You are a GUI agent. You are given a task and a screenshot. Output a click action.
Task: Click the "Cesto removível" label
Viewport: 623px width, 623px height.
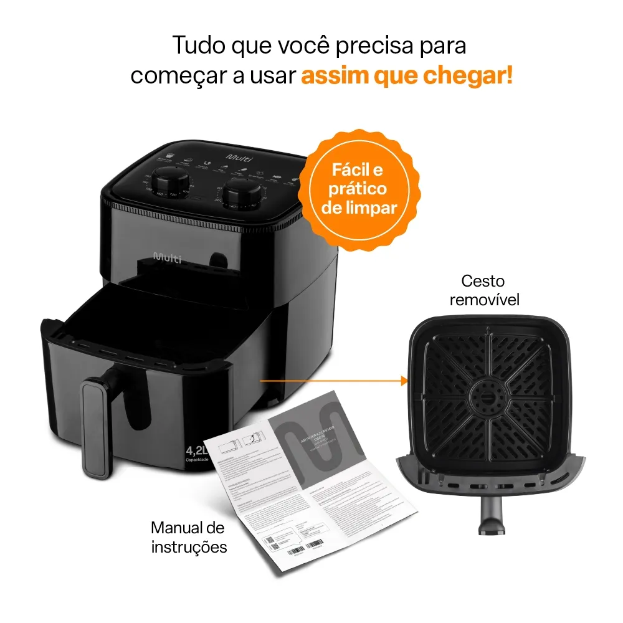[484, 290]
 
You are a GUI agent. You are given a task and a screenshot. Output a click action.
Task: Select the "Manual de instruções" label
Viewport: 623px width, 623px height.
[188, 538]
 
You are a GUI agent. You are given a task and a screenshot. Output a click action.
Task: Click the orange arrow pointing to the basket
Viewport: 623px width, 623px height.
[333, 379]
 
